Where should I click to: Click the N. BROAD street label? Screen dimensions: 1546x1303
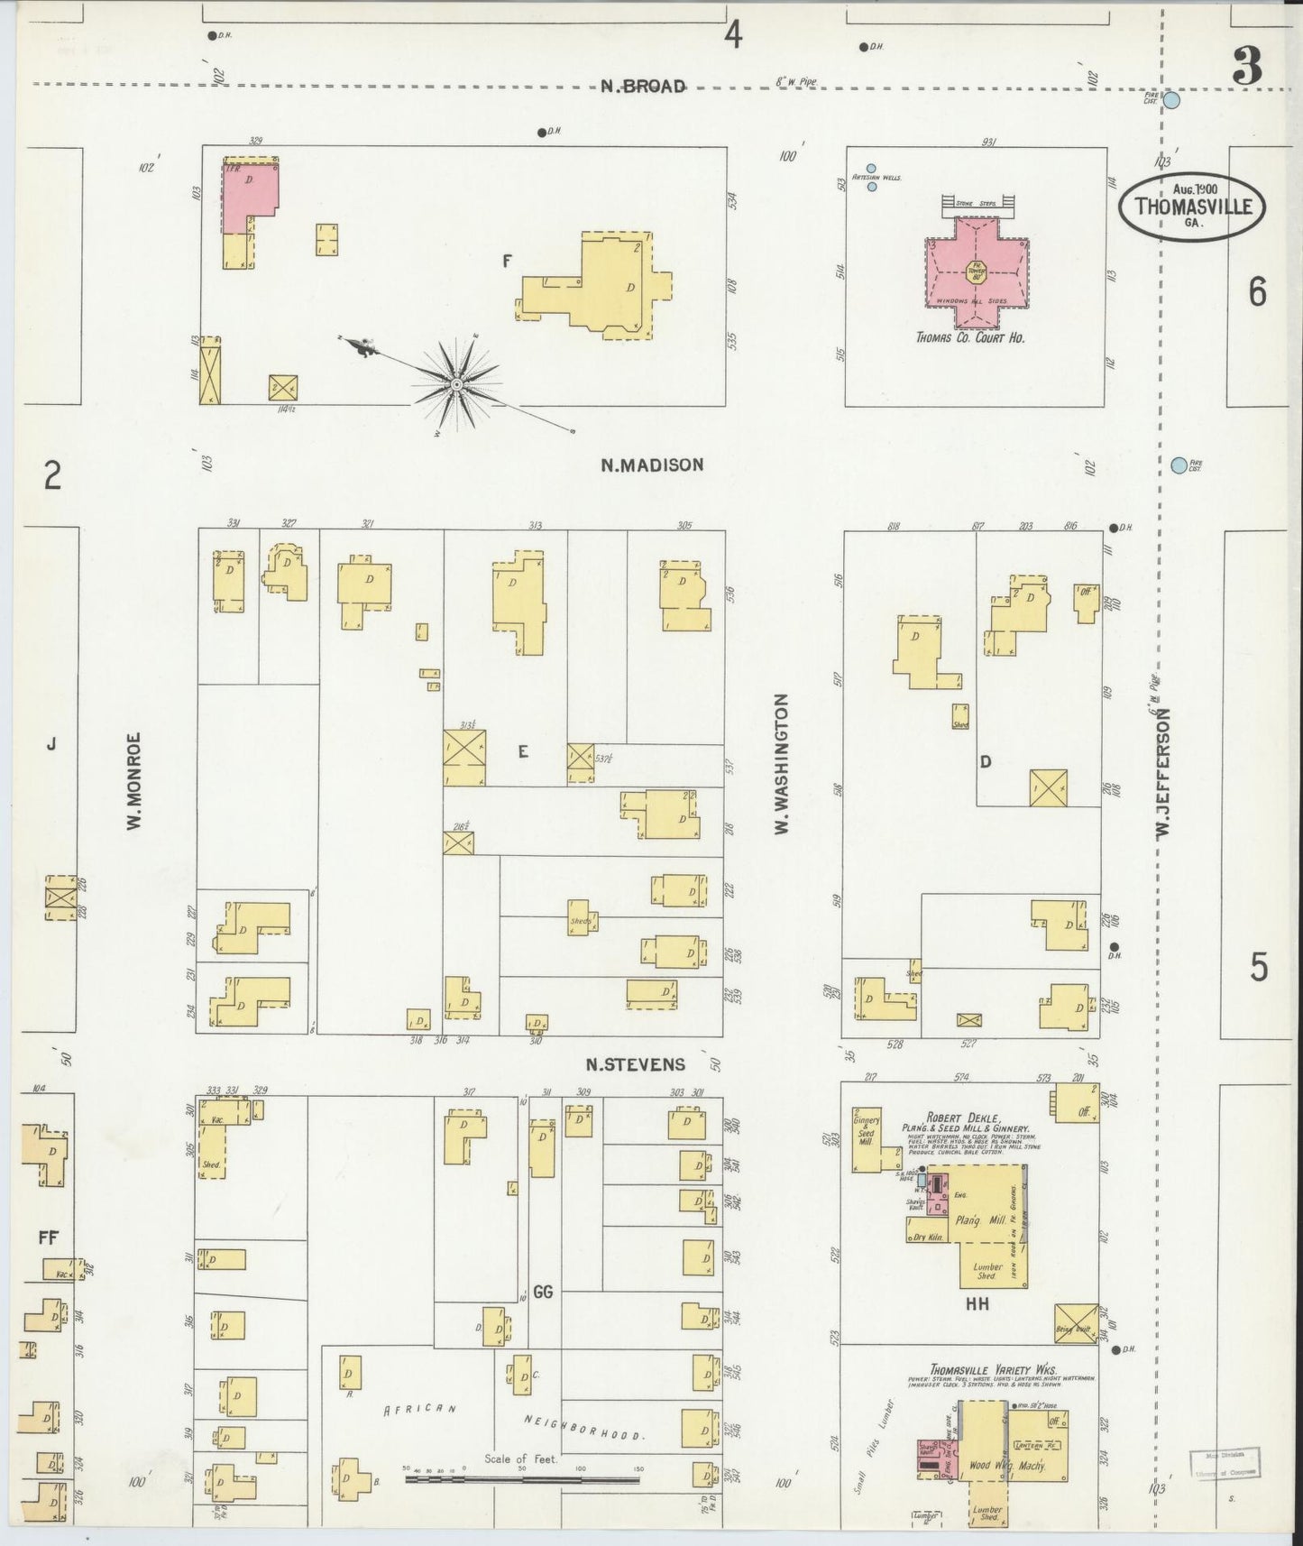643,87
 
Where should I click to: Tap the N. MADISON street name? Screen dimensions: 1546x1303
652,465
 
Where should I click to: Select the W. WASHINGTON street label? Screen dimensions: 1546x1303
781,763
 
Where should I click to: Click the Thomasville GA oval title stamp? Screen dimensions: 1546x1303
1191,207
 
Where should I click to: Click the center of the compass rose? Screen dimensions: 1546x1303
457,384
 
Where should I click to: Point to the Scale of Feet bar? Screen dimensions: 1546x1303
522,1480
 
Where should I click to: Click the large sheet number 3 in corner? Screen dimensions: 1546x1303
1247,67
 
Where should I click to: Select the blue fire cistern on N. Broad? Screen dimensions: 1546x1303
1170,101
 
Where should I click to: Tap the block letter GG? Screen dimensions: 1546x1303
542,1292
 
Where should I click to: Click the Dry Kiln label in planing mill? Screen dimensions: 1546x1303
928,1238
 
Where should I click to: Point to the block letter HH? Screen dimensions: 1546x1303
977,1303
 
